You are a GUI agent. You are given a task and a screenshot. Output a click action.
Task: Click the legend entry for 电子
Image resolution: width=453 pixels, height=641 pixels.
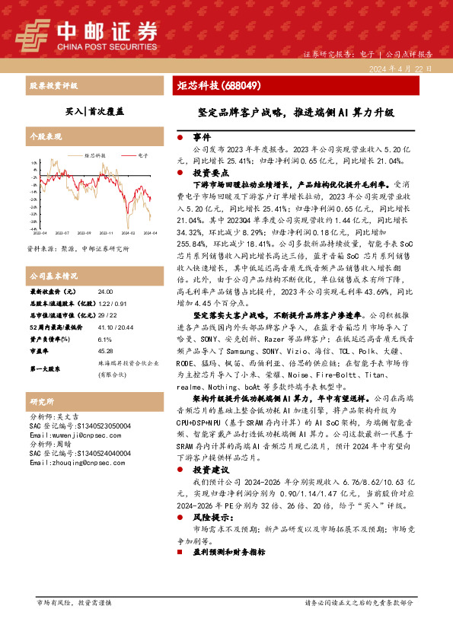coord(142,155)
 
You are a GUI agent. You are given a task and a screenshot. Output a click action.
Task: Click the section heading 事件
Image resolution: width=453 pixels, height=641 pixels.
coord(201,139)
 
